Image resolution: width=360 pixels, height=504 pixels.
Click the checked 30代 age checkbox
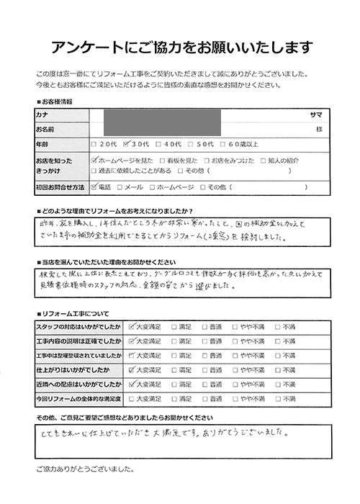128,143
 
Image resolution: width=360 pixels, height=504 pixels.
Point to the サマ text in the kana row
316,114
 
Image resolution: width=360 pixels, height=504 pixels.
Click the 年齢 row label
41,143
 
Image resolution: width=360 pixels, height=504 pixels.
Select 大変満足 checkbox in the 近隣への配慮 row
131,384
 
